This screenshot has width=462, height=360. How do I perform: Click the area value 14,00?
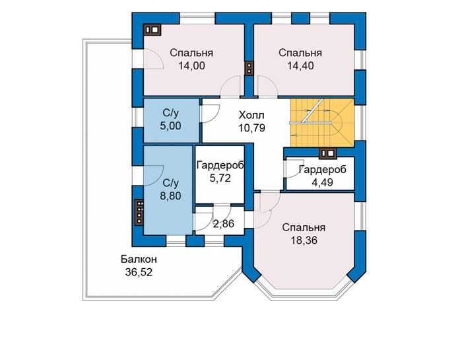coord(191,66)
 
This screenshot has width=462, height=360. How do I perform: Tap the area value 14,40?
coord(300,66)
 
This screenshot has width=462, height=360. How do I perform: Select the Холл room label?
coord(251,115)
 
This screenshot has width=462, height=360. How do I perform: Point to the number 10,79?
coord(252,128)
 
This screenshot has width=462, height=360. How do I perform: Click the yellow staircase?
coord(322,122)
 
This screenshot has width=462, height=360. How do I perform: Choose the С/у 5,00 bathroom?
coord(171,120)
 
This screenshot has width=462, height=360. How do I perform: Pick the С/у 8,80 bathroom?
coord(168,190)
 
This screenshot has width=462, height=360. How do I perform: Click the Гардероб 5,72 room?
coord(220,174)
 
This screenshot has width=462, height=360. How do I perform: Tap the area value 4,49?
coord(322,182)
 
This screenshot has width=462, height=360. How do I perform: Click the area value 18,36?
coord(304,240)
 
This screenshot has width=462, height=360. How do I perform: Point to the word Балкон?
coord(139,260)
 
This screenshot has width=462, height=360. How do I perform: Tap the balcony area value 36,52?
coord(139,272)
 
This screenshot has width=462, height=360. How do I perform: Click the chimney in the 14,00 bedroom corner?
coord(152,30)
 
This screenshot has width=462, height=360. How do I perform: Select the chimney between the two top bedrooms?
coord(249,68)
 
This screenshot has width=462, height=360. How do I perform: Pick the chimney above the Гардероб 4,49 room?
coord(328,153)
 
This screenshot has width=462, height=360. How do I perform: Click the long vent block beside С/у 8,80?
coord(139,212)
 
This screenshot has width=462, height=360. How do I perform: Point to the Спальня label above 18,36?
coord(304,228)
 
